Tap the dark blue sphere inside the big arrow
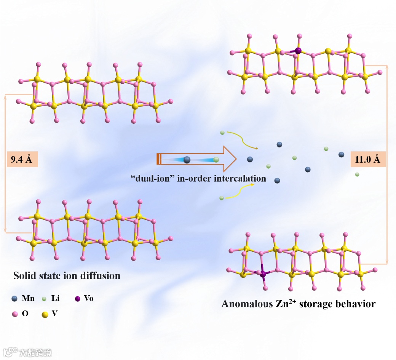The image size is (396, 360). (187, 160)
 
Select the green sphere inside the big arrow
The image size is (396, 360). (216, 160)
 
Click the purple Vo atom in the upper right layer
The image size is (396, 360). (298, 50)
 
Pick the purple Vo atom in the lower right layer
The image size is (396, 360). (262, 273)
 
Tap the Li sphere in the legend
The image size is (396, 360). (45, 299)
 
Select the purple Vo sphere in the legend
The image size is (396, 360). (78, 298)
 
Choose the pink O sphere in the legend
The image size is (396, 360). (15, 314)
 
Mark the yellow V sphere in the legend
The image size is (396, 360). (45, 315)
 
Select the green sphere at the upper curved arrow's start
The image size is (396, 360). (222, 133)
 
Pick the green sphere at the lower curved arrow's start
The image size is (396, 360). (222, 198)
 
